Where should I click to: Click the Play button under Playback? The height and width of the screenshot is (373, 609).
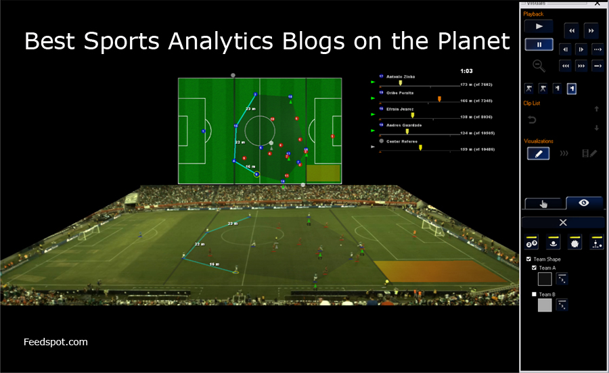click(x=539, y=27)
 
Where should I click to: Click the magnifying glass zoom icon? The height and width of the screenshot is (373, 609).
click(x=539, y=66)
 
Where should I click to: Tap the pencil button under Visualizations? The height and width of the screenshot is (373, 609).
click(x=539, y=153)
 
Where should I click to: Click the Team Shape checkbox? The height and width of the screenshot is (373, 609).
click(x=529, y=259)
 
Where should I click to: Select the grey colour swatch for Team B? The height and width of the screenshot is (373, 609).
click(x=544, y=305)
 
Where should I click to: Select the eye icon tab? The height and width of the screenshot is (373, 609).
click(x=583, y=203)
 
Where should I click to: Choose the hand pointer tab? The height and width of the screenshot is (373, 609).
click(x=544, y=203)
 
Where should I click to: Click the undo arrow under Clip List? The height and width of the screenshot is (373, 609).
click(x=532, y=120)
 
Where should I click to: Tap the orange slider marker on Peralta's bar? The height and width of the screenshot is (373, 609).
click(x=439, y=99)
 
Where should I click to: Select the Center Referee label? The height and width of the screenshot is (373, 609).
click(x=401, y=141)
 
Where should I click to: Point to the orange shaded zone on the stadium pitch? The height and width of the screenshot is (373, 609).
click(x=440, y=272)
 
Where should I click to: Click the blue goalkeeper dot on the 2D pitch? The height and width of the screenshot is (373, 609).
click(x=204, y=131)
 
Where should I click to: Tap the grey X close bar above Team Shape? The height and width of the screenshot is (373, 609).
click(x=562, y=222)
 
